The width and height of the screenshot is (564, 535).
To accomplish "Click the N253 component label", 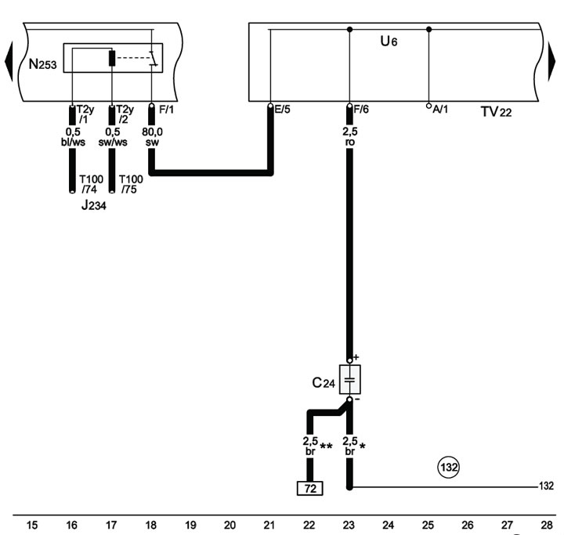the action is click(42, 64).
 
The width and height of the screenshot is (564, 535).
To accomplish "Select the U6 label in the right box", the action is click(389, 42).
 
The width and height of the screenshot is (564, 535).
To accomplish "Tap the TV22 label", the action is click(496, 112).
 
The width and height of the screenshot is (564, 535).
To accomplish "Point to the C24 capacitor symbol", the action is click(350, 380).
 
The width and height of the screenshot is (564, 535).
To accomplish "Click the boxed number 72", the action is click(309, 488).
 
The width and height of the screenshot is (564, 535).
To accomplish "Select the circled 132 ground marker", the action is click(449, 468).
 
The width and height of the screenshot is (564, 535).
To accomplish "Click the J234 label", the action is click(93, 204).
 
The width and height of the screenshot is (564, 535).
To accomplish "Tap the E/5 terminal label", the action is click(282, 109).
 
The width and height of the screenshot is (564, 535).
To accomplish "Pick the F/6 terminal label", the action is click(361, 109).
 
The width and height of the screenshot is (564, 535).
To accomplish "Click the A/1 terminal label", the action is click(440, 109).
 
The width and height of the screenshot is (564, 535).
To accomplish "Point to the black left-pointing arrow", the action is click(9, 61).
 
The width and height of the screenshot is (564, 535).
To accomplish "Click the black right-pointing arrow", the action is click(551, 61).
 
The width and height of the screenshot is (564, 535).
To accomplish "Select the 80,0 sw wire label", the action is click(152, 137).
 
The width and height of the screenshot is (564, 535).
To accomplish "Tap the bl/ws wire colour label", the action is click(73, 142).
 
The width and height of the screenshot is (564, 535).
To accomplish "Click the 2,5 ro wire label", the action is click(350, 137).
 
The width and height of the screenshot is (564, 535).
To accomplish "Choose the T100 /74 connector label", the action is click(92, 184).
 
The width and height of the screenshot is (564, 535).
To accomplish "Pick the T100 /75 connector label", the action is click(131, 184).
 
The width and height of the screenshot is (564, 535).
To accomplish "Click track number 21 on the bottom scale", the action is click(269, 526).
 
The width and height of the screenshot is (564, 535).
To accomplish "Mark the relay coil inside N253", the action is click(112, 58).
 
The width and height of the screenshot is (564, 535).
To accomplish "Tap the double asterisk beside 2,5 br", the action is click(326, 446).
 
